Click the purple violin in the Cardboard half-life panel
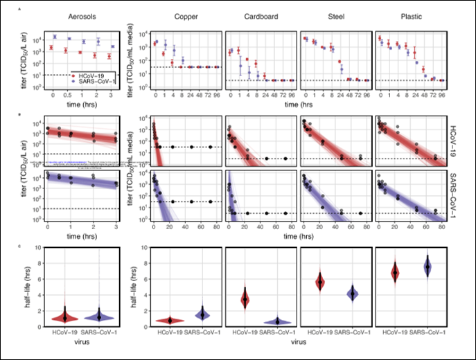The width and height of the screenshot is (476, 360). [x=278, y=321]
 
